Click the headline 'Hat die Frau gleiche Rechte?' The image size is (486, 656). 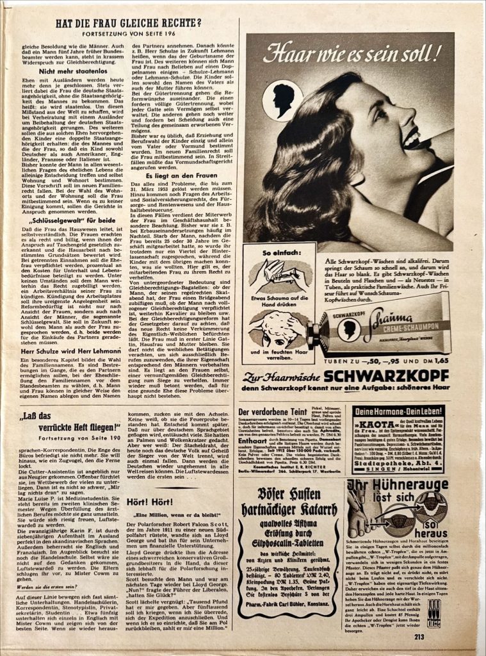point(128,24)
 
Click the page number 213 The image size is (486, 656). point(419,636)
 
